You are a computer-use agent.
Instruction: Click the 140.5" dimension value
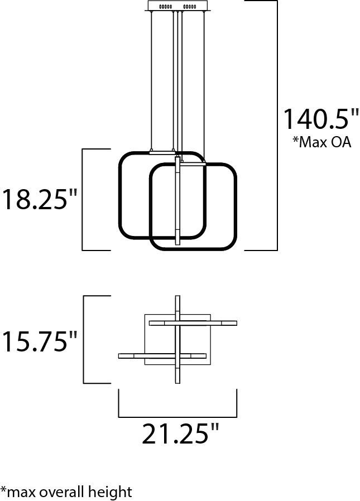click(321, 119)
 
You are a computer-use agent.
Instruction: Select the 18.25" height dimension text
click(40, 199)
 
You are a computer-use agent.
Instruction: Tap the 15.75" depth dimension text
click(40, 341)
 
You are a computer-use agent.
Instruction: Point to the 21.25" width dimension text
click(180, 433)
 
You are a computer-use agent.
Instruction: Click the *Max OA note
click(322, 142)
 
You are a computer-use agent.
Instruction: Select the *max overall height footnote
click(66, 492)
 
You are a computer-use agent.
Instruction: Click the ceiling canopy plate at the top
click(177, 6)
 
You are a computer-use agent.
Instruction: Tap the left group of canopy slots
click(165, 6)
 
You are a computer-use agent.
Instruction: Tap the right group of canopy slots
click(190, 6)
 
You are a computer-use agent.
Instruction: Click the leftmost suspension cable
click(151, 80)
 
